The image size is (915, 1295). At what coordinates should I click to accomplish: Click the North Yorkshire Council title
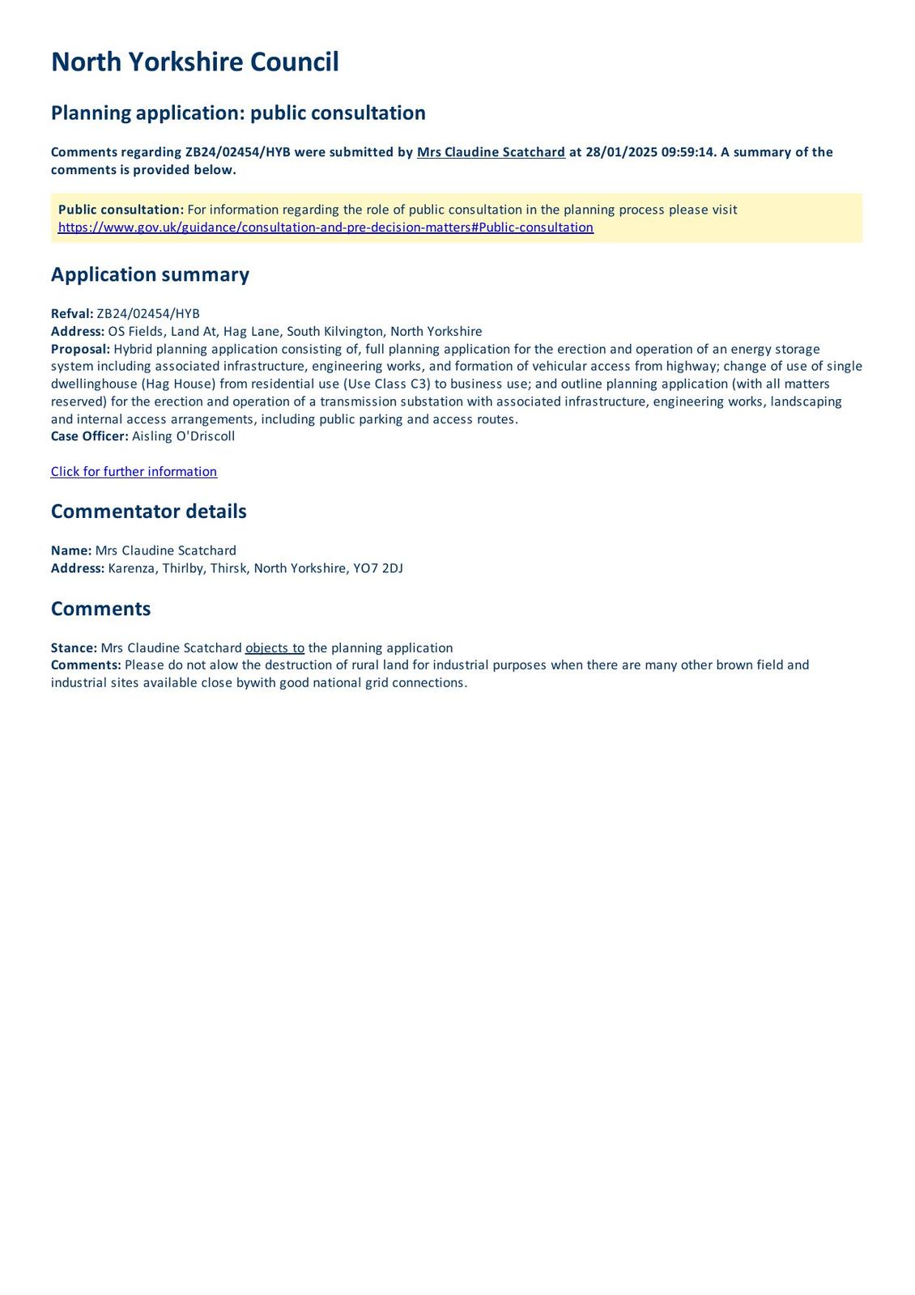coord(194,62)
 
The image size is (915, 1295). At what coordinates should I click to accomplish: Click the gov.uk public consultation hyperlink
coord(326,227)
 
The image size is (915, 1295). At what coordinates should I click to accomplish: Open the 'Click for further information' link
coord(134,472)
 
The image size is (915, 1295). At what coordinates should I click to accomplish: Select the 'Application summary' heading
coord(150,274)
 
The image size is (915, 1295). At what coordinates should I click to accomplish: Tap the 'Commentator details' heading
coord(148,512)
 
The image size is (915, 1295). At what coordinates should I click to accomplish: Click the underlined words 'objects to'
coord(274,648)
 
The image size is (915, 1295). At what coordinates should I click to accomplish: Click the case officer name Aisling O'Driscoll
coord(183,436)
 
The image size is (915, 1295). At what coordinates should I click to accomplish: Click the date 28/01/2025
coord(620,152)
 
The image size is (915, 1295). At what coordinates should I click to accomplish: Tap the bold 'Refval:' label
coord(72,314)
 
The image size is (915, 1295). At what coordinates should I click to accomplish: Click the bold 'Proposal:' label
coord(80,349)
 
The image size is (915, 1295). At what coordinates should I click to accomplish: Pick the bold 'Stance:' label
coord(74,648)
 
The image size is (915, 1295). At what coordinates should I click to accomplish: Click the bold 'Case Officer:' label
coord(89,436)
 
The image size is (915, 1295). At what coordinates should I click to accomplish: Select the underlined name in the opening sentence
coord(491,152)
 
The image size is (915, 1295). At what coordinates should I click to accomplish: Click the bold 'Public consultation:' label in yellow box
coord(121,210)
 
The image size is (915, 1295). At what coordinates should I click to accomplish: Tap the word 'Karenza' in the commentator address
coord(132,568)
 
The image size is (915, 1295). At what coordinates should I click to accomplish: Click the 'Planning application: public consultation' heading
coord(238,113)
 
